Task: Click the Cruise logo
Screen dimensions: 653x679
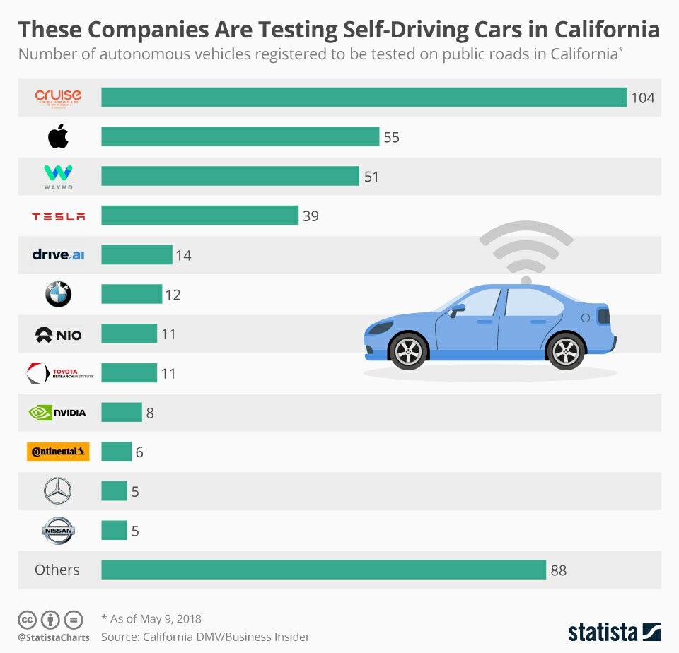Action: (x=58, y=97)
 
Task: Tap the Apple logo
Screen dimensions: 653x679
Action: (x=58, y=136)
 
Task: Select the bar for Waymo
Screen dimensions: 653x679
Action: (x=230, y=176)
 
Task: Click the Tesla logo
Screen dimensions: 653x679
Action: (x=58, y=216)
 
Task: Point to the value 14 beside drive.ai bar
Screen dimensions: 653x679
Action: (x=183, y=255)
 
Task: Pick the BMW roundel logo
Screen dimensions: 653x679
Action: (x=58, y=295)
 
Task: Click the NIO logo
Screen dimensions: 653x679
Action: (x=58, y=334)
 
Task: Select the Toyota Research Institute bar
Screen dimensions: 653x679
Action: (x=129, y=372)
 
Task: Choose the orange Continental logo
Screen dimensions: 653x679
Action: (x=58, y=452)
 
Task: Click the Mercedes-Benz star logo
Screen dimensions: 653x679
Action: (x=58, y=491)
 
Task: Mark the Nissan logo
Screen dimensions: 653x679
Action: (x=58, y=531)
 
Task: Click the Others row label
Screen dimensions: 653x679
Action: (x=57, y=570)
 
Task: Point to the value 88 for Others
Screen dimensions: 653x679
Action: (x=559, y=570)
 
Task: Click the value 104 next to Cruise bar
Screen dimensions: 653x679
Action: (x=643, y=98)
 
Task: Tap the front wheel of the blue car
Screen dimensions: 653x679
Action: (x=409, y=351)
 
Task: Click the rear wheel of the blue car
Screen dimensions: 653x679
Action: (x=566, y=351)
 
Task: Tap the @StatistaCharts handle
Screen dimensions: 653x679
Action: (x=54, y=637)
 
